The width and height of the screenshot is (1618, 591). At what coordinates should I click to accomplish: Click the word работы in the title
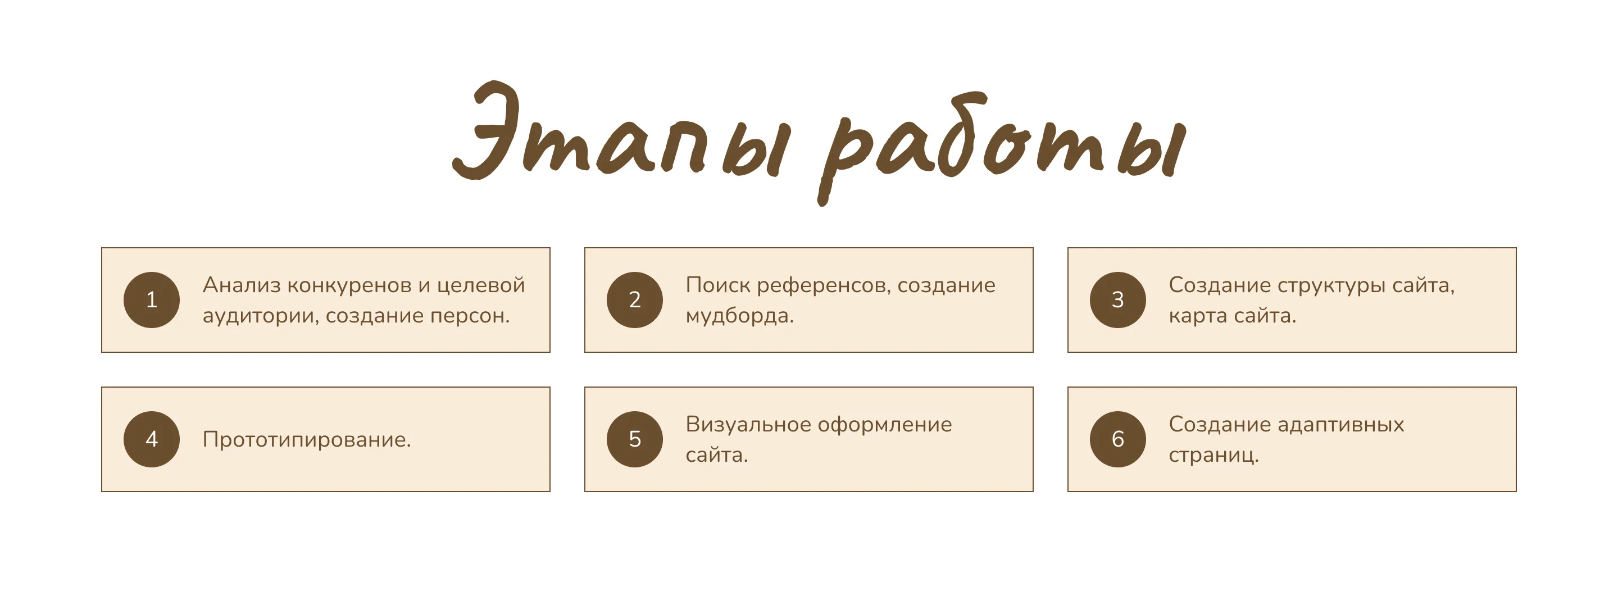[1002, 142]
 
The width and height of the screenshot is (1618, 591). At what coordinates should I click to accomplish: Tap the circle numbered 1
[151, 299]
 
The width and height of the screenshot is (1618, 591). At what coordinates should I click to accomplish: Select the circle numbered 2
[634, 299]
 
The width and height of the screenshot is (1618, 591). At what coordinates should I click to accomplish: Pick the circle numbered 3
[1117, 299]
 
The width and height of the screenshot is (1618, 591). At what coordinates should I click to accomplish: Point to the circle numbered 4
[151, 439]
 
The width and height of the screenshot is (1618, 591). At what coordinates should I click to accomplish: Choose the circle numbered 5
[634, 439]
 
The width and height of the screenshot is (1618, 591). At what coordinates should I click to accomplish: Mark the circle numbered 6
[1117, 439]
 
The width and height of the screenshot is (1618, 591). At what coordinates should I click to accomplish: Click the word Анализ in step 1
[241, 285]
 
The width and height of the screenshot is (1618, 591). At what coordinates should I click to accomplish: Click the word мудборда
[738, 315]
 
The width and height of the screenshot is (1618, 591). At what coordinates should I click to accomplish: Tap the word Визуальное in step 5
[747, 425]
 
